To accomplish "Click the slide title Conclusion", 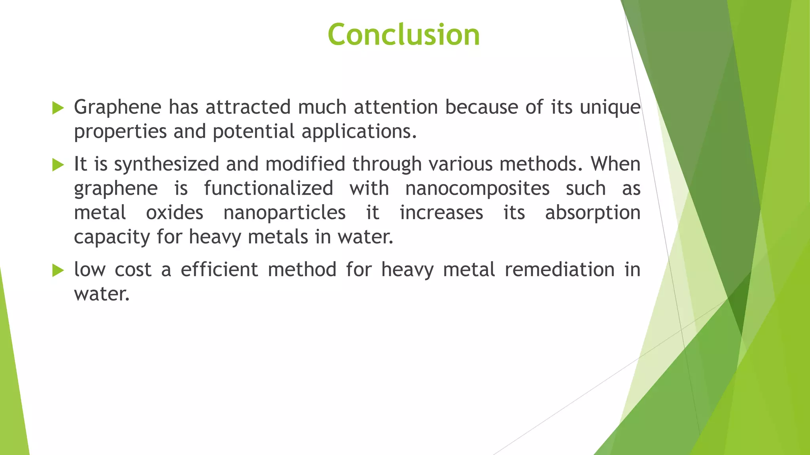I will tap(403, 35).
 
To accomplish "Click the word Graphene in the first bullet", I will tap(117, 107).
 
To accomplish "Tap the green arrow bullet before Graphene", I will tap(58, 108).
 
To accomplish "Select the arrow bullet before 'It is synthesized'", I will tap(58, 165).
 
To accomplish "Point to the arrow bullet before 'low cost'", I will tap(58, 271).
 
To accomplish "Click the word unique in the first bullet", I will tap(610, 107).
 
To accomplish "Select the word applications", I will tap(359, 132).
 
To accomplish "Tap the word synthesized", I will tap(167, 164).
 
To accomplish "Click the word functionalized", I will tap(269, 188).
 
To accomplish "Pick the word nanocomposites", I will tap(477, 188).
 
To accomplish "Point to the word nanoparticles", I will tap(284, 213).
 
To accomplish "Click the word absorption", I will tap(592, 213).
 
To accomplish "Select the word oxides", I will tap(174, 213).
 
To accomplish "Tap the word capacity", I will tap(112, 237).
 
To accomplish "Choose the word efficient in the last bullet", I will tap(219, 270).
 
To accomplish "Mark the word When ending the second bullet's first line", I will tap(615, 164).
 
